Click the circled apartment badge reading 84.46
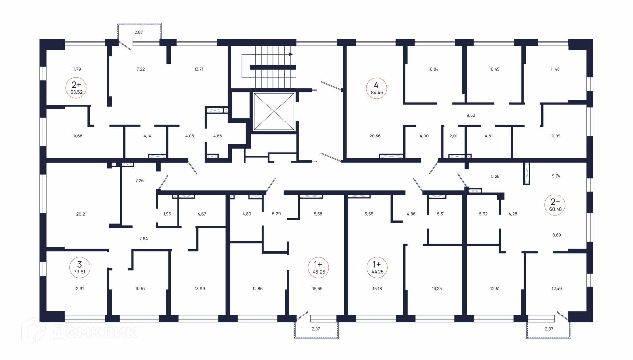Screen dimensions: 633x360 click(x=377, y=88)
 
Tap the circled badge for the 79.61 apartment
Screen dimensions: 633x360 click(x=79, y=267)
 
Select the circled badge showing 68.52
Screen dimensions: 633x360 click(x=76, y=88)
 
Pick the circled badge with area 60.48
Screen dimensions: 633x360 click(x=555, y=205)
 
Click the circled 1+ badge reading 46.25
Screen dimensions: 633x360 click(x=318, y=268)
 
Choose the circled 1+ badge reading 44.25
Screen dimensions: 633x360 click(x=377, y=268)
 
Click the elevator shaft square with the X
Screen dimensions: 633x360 click(x=274, y=111)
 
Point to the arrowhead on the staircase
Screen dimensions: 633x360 click(x=291, y=54)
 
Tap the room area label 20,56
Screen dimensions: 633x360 click(x=375, y=136)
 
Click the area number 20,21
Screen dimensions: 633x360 click(x=81, y=214)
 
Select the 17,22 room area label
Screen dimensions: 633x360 click(x=140, y=69)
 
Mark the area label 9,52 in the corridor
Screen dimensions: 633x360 click(x=471, y=115)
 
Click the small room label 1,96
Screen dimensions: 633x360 click(x=167, y=214)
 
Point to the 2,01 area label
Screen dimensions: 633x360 click(x=453, y=136)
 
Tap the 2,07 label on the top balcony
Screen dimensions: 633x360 click(x=139, y=32)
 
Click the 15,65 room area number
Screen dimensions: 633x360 click(x=317, y=289)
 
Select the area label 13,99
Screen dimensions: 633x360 click(x=200, y=289)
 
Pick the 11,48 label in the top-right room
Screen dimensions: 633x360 click(x=555, y=69)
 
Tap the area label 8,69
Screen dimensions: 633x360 click(x=557, y=235)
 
